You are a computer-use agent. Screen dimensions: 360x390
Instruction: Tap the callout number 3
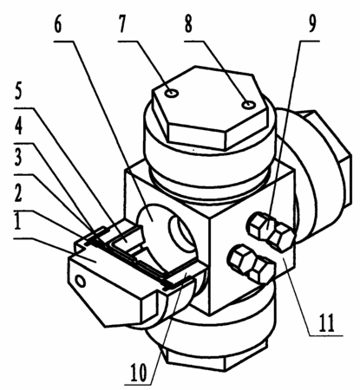point(18,159)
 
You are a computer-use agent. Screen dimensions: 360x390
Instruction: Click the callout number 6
point(58,25)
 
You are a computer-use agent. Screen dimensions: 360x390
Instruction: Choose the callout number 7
point(122,24)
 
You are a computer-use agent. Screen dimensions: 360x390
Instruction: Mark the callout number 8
point(188,24)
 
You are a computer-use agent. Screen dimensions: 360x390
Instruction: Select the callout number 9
point(311,24)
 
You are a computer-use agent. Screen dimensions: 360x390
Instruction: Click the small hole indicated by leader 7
point(173,93)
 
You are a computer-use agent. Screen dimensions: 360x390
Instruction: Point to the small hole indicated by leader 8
point(248,105)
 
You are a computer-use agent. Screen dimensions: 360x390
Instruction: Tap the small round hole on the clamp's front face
point(80,281)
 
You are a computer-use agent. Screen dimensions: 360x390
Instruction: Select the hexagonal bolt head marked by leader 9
point(271,229)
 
